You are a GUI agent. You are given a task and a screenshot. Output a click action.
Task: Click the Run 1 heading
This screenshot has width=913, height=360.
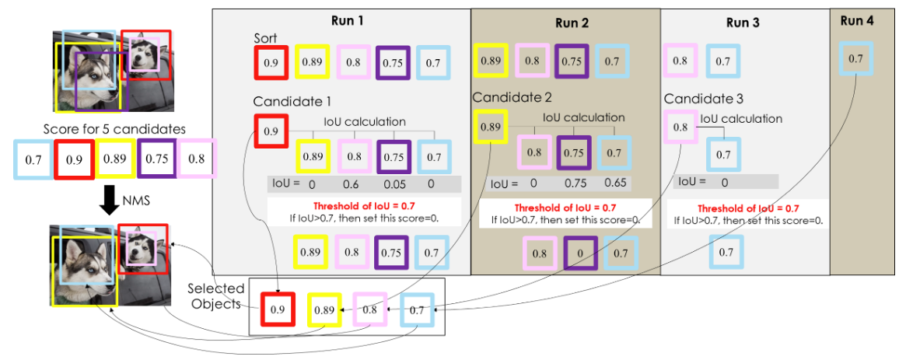click(341, 21)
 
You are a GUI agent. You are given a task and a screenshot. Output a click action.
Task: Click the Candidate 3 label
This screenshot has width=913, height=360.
click(704, 99)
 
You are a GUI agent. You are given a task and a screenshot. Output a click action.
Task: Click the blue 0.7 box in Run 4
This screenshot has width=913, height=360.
click(855, 59)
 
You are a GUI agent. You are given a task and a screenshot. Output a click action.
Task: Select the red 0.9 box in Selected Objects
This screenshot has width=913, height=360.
click(278, 309)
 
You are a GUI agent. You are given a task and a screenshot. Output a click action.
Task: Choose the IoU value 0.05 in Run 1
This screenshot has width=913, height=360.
click(391, 185)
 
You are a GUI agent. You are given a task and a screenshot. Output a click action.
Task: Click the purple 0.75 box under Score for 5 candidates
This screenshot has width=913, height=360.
click(156, 159)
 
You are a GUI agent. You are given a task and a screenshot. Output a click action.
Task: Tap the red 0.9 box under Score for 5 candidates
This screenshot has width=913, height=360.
click(74, 159)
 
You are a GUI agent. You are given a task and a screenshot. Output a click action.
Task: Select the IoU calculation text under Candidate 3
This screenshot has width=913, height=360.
click(741, 119)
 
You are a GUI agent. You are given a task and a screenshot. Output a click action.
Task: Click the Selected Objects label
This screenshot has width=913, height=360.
click(216, 297)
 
